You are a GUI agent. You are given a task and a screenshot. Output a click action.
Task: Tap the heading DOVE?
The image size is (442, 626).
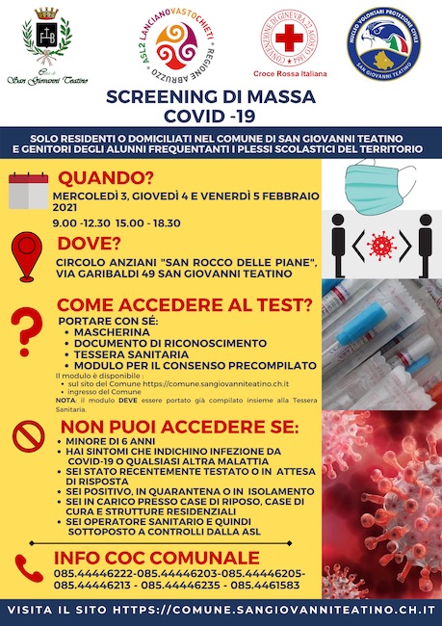pos(93,243)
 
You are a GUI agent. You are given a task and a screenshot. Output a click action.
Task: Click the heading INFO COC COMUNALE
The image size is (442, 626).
pos(150,559)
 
